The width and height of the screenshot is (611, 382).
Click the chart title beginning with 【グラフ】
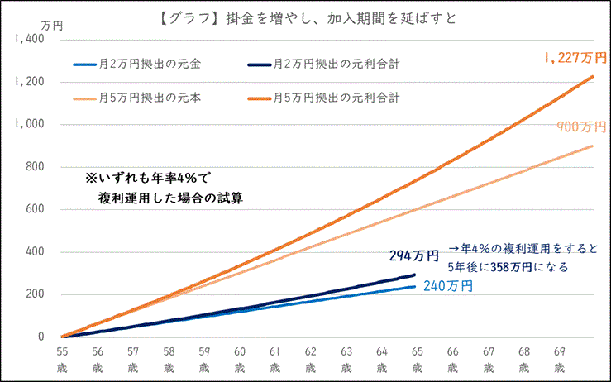pyautogui.click(x=305, y=18)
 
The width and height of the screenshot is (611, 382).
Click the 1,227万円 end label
pyautogui.click(x=575, y=58)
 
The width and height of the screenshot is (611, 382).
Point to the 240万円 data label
pyautogui.click(x=446, y=287)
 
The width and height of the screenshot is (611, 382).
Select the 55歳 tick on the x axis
pyautogui.click(x=62, y=357)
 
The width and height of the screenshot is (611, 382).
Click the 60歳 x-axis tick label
pyautogui.click(x=239, y=357)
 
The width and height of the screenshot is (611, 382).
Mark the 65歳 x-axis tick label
pyautogui.click(x=417, y=357)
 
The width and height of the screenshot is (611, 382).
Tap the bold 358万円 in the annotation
pyautogui.click(x=500, y=268)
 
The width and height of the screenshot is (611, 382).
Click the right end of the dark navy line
pyautogui.click(x=414, y=275)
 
